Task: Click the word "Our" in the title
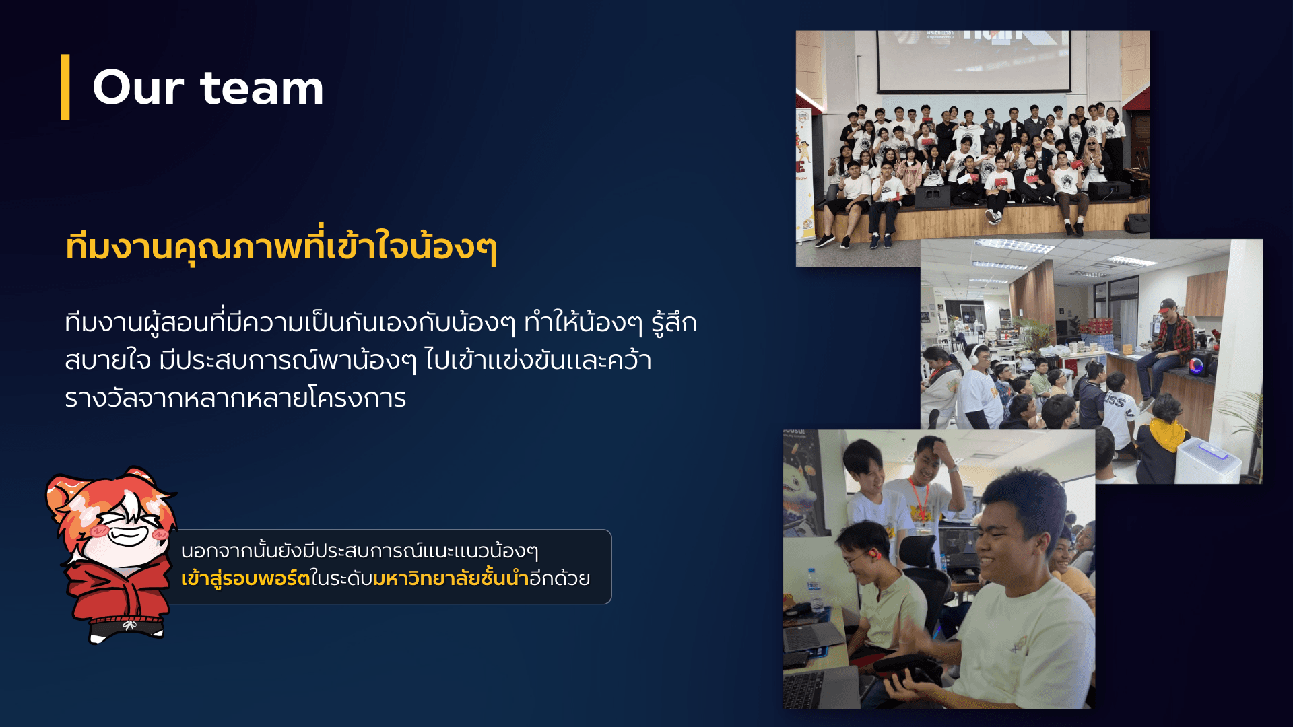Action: click(138, 88)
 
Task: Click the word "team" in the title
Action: click(262, 89)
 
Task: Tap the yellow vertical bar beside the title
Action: click(65, 88)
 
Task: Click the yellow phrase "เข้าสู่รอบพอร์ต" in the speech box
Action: click(245, 578)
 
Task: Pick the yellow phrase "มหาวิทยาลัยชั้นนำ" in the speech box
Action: click(451, 578)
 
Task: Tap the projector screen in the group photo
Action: click(973, 61)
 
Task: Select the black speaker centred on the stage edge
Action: click(933, 197)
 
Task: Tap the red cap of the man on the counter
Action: click(1167, 305)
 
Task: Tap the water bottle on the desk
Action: click(815, 590)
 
